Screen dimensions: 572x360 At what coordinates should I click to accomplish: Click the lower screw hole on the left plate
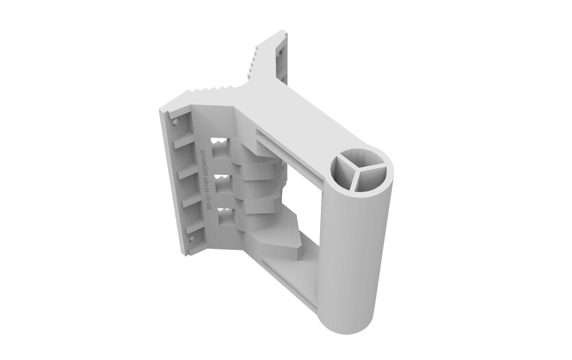(x=191, y=239)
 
